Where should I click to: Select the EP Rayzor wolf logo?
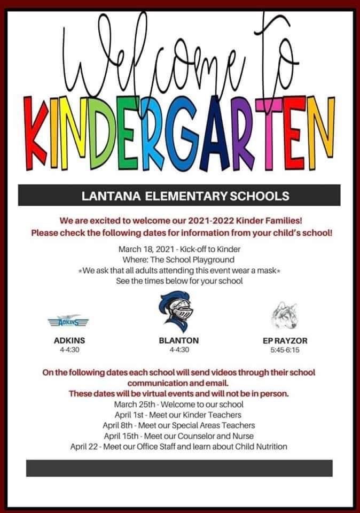pyautogui.click(x=285, y=317)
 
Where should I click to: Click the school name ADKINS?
pyautogui.click(x=69, y=340)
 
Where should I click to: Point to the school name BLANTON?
pyautogui.click(x=178, y=340)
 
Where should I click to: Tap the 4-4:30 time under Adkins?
pyautogui.click(x=69, y=351)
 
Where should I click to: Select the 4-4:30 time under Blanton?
pyautogui.click(x=178, y=351)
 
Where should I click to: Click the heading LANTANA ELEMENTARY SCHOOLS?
pyautogui.click(x=178, y=196)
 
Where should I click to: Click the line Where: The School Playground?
pyautogui.click(x=178, y=260)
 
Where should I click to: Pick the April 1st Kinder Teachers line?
pyautogui.click(x=178, y=415)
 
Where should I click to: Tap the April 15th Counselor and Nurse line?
pyautogui.click(x=178, y=436)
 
